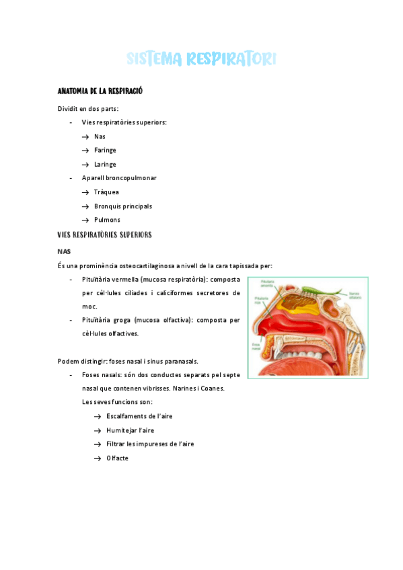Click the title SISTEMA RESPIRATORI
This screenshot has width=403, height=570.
pyautogui.click(x=201, y=59)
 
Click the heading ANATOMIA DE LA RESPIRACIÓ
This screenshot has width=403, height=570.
pyautogui.click(x=100, y=91)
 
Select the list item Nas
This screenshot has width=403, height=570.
pyautogui.click(x=100, y=136)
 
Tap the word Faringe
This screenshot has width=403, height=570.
pyautogui.click(x=105, y=151)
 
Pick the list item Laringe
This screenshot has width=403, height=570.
pyautogui.click(x=105, y=165)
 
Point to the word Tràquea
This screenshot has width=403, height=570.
pyautogui.click(x=106, y=192)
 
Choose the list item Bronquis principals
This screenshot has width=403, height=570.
pyautogui.click(x=123, y=206)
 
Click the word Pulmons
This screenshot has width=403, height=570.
pyautogui.click(x=107, y=220)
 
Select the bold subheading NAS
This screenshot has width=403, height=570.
pyautogui.click(x=64, y=251)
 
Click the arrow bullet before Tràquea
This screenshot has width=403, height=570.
pyautogui.click(x=85, y=192)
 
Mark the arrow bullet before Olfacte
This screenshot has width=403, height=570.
pyautogui.click(x=98, y=458)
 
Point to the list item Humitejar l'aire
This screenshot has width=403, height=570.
pyautogui.click(x=130, y=430)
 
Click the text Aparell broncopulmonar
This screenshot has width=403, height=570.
pyautogui.click(x=119, y=178)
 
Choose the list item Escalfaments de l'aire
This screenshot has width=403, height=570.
pyautogui.click(x=139, y=416)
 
